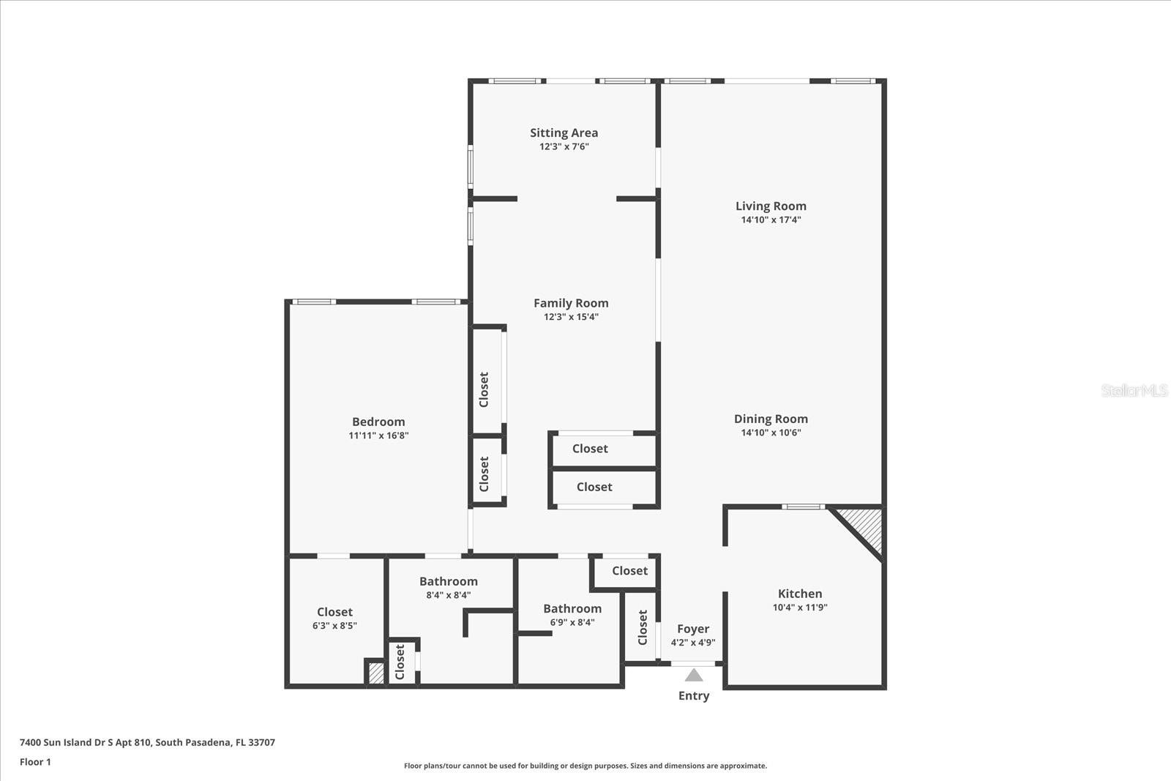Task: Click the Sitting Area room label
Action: pyautogui.click(x=564, y=132)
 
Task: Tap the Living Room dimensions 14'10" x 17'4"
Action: pyautogui.click(x=771, y=220)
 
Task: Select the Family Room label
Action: pyautogui.click(x=571, y=303)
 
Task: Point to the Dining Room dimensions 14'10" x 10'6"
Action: pyautogui.click(x=771, y=433)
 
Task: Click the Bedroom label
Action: pyautogui.click(x=378, y=422)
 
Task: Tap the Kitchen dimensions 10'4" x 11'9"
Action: pyautogui.click(x=800, y=608)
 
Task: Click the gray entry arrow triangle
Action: pyautogui.click(x=694, y=675)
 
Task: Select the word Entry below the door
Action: pyautogui.click(x=694, y=695)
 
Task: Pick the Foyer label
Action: pyautogui.click(x=693, y=629)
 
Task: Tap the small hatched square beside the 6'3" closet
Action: pyautogui.click(x=375, y=673)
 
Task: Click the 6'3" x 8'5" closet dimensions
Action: pyautogui.click(x=334, y=626)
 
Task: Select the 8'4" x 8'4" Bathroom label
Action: pyautogui.click(x=448, y=581)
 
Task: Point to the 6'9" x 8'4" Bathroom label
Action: pyautogui.click(x=572, y=608)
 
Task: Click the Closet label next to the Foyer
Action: pyautogui.click(x=643, y=627)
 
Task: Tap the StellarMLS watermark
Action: pyautogui.click(x=1134, y=390)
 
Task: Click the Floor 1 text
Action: pyautogui.click(x=35, y=762)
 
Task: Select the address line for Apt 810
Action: pyautogui.click(x=147, y=742)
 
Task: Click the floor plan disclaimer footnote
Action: pyautogui.click(x=585, y=766)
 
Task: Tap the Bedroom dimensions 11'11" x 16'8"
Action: pyautogui.click(x=378, y=436)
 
